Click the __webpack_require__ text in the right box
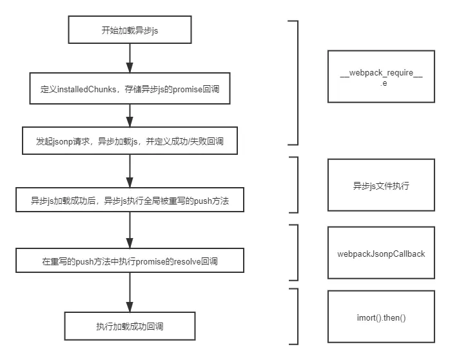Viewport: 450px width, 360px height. click(x=381, y=73)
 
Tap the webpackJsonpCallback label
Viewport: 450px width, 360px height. click(x=381, y=254)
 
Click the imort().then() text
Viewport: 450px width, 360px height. click(x=381, y=318)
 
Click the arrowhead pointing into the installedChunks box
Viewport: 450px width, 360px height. click(x=130, y=68)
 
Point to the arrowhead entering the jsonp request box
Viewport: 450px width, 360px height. click(x=130, y=122)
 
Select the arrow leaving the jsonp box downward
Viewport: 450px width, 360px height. click(x=130, y=171)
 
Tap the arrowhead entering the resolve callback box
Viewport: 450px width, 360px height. click(x=130, y=243)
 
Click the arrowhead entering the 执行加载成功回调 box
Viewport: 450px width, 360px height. click(x=130, y=307)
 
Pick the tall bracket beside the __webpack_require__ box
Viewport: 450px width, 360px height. click(x=298, y=83)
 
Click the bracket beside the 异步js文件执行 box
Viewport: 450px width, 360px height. click(x=298, y=185)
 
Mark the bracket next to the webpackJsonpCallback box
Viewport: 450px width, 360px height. click(x=298, y=253)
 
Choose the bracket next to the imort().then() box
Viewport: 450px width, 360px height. click(x=298, y=316)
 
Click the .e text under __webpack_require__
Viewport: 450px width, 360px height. click(x=384, y=83)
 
